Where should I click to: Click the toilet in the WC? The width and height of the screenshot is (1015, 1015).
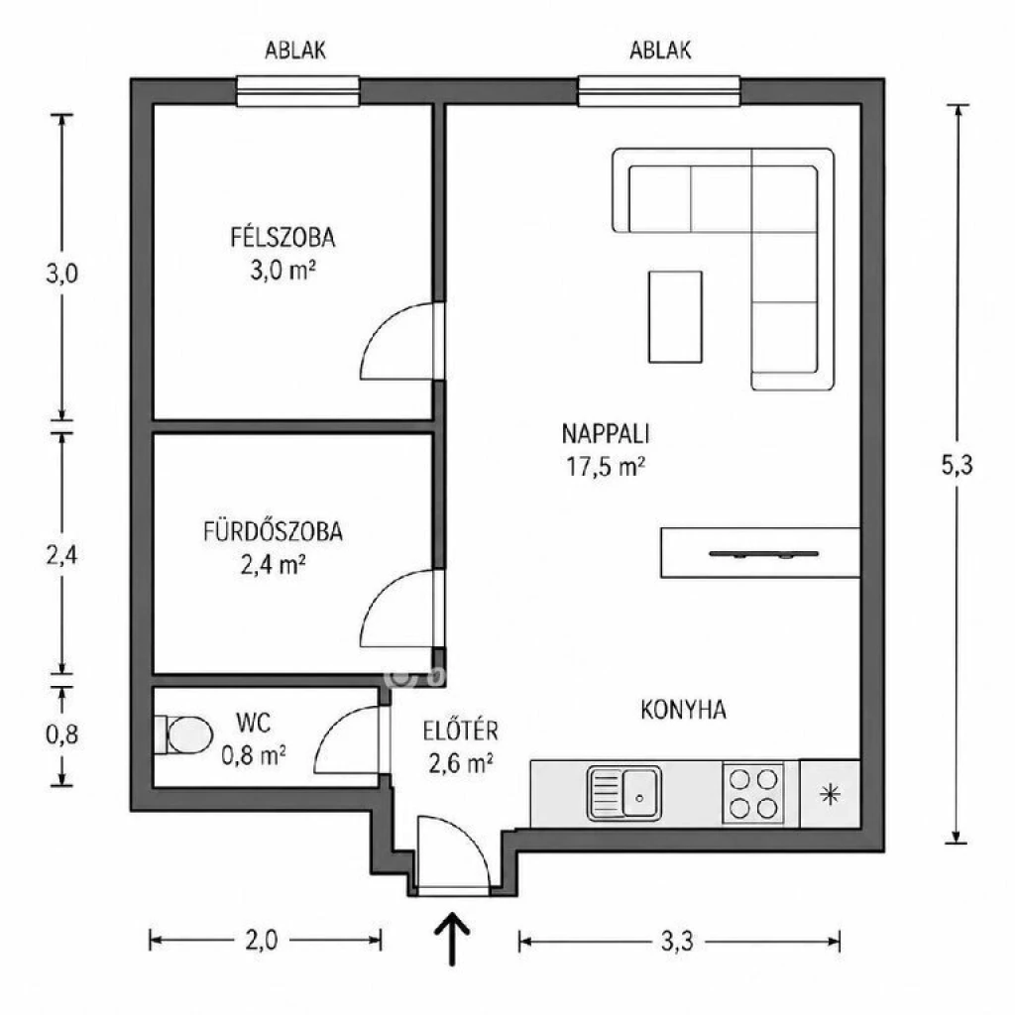click(184, 734)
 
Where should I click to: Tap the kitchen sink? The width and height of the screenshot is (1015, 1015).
click(624, 793)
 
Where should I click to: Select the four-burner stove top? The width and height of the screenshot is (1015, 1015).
click(753, 794)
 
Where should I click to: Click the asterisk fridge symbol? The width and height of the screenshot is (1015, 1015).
click(830, 794)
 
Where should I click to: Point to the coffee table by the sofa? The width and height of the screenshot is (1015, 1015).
click(675, 316)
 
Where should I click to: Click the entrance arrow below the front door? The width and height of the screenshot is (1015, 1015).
click(452, 939)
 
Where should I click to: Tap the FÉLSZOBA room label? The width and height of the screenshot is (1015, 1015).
click(282, 238)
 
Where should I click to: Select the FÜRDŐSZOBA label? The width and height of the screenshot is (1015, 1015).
click(273, 531)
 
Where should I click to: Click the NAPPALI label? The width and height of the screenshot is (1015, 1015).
click(606, 434)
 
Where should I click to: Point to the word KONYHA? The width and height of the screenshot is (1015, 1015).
click(684, 710)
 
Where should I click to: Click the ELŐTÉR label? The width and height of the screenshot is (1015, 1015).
click(460, 731)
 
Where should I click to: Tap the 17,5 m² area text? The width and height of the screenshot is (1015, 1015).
click(606, 466)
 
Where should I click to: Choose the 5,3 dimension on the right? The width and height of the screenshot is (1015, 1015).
click(957, 465)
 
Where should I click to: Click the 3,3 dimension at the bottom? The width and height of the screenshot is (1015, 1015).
click(677, 941)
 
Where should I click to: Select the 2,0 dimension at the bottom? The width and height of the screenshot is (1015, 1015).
click(262, 940)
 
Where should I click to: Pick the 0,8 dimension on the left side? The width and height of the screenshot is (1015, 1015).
click(62, 734)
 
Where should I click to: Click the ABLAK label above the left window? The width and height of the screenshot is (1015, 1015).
click(295, 51)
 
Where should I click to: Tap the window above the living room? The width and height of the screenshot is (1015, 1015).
click(659, 90)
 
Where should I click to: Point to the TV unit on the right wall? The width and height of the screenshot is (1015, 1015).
click(760, 553)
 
